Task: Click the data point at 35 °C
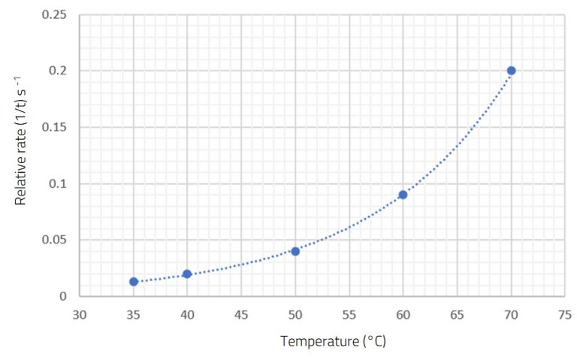click(x=134, y=282)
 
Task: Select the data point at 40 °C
click(x=187, y=274)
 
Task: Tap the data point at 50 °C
click(x=295, y=251)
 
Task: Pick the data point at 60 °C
click(x=403, y=195)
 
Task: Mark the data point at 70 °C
click(x=511, y=71)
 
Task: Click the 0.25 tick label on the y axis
click(x=56, y=15)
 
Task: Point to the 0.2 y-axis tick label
click(x=60, y=71)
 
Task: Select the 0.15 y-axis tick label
click(x=56, y=128)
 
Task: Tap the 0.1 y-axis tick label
click(x=60, y=184)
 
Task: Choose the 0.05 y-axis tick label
click(x=56, y=241)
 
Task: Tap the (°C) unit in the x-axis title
click(x=373, y=342)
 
